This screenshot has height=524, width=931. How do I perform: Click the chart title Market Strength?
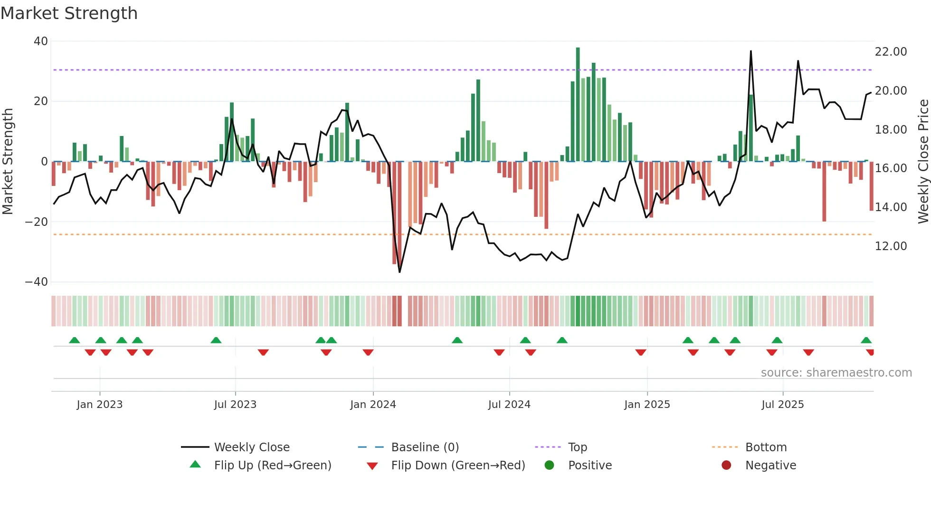tap(69, 13)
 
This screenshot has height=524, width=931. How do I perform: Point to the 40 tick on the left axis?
tap(41, 41)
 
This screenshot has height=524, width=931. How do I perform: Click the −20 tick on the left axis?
tap(37, 222)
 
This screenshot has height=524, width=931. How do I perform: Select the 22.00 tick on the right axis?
tap(891, 52)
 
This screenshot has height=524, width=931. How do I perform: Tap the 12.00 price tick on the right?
tap(891, 246)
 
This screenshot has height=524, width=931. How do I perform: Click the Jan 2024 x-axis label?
tap(373, 405)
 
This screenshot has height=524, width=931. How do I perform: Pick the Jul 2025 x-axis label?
tap(782, 405)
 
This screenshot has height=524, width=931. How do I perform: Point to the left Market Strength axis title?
tap(8, 162)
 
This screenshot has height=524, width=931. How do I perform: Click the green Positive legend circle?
tap(550, 466)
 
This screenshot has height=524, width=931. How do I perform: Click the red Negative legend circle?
tap(726, 466)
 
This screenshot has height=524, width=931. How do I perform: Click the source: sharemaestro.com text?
tap(836, 373)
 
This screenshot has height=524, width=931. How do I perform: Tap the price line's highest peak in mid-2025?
tap(751, 51)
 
